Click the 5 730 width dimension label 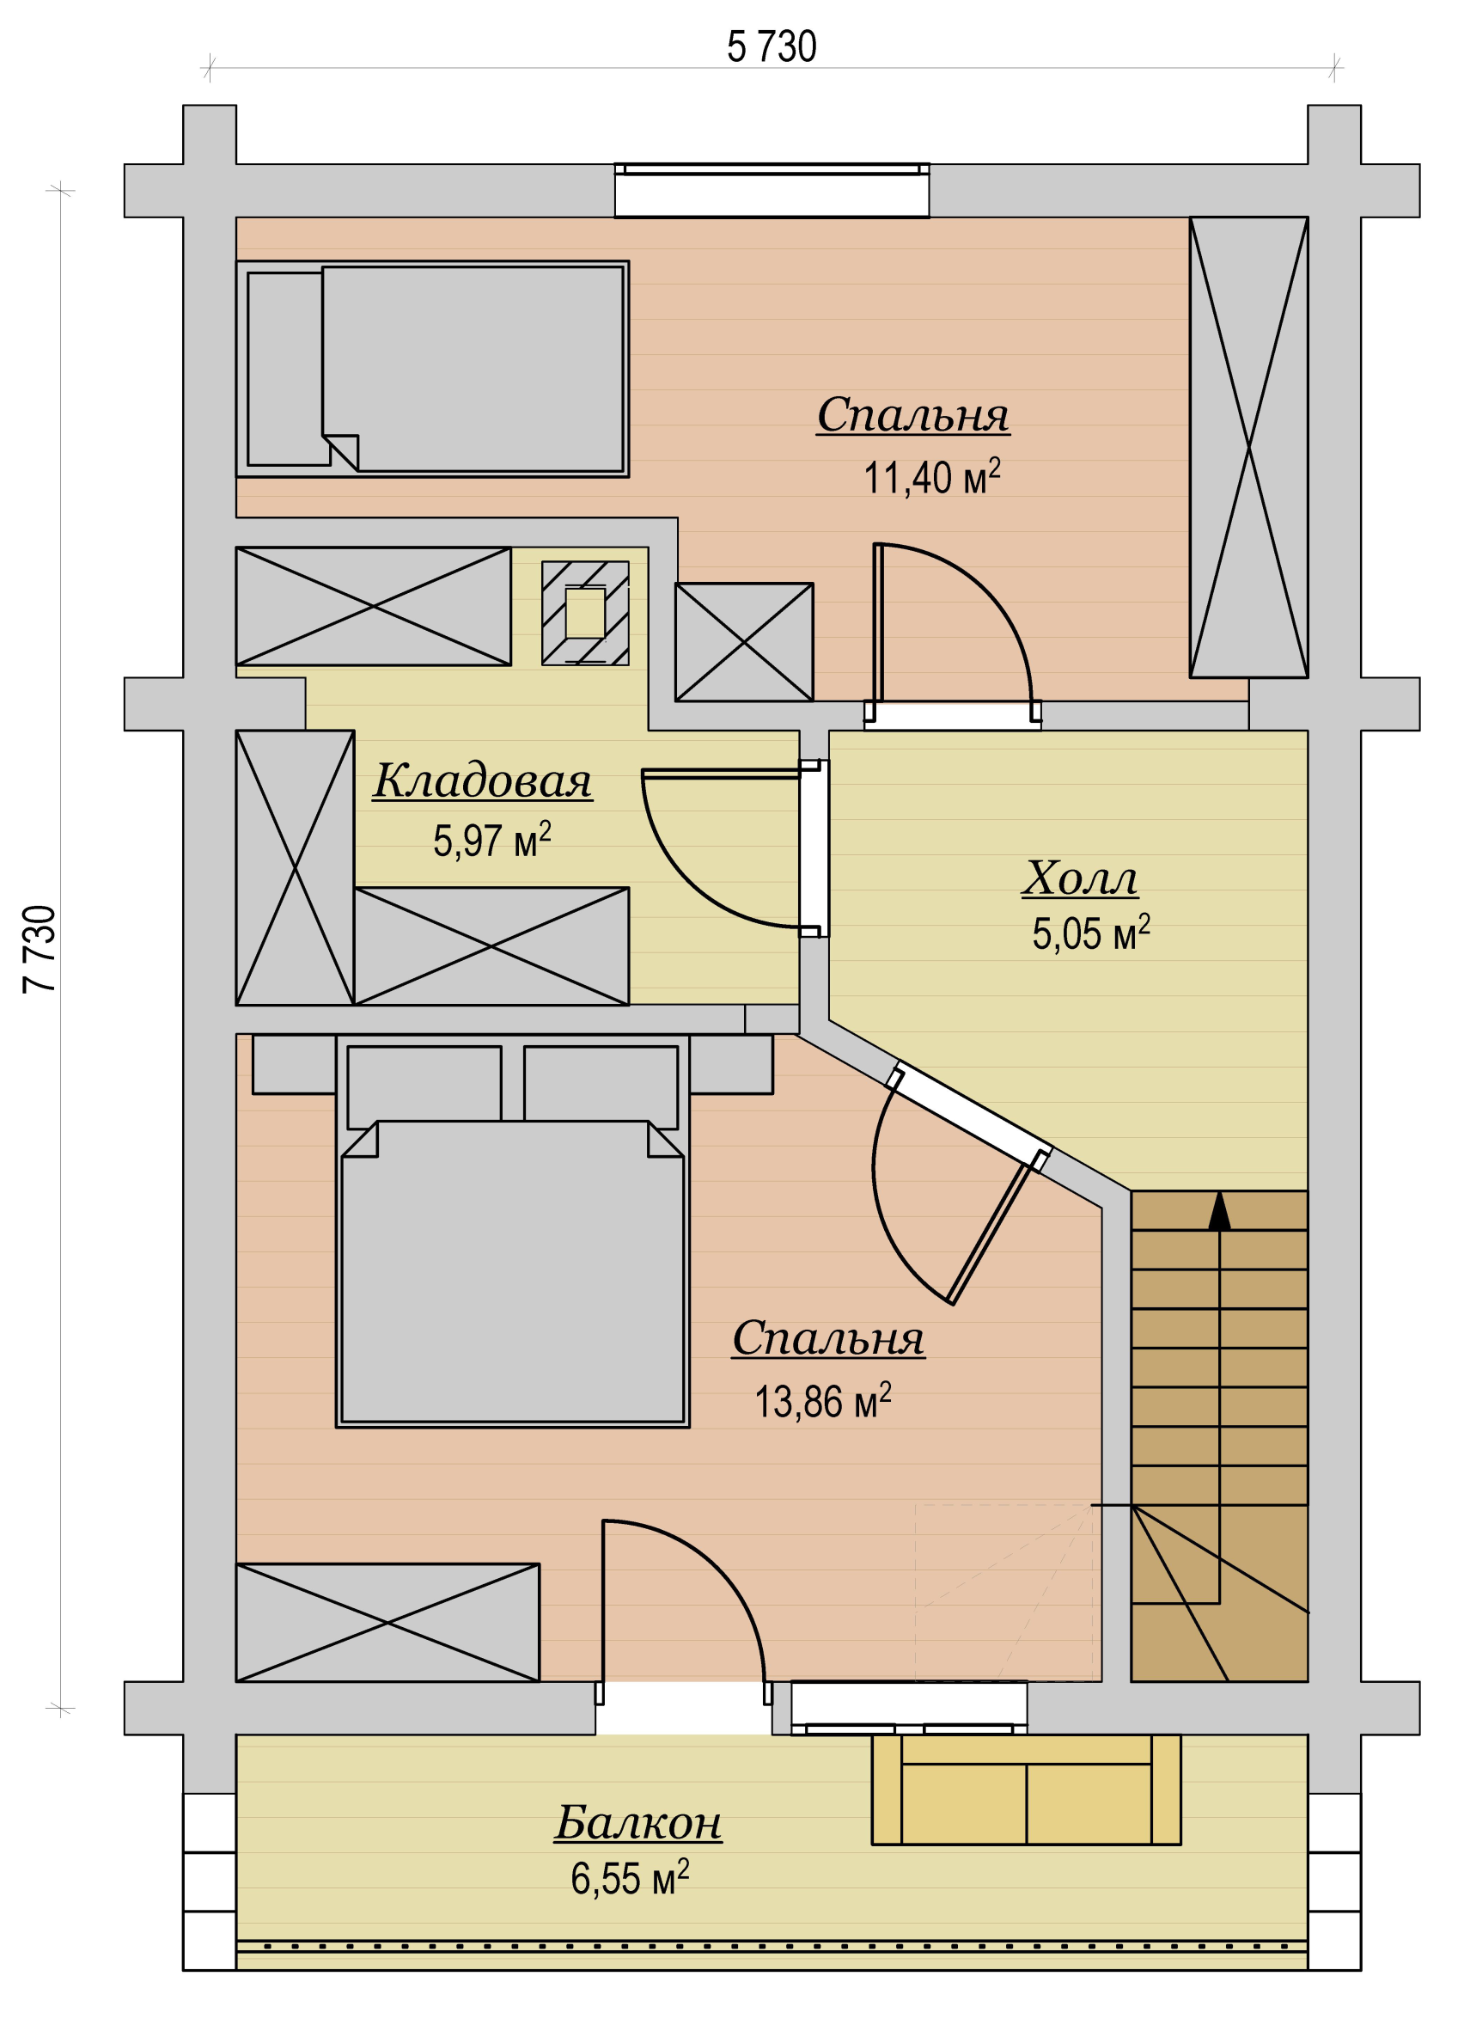772,47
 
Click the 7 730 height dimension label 40,949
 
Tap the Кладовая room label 482,780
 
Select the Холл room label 1080,878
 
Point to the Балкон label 638,1822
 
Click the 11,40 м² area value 932,476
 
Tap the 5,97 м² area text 492,840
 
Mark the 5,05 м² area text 1091,933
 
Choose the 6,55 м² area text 630,1878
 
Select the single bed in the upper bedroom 432,369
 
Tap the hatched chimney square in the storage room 586,613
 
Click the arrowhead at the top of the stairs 1219,1211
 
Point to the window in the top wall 772,190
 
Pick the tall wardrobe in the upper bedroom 1248,447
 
